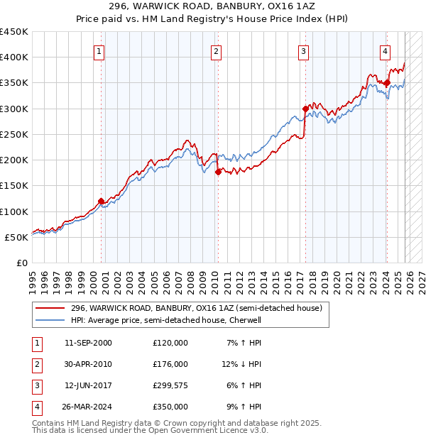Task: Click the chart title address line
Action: [213, 6]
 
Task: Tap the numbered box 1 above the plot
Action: [99, 51]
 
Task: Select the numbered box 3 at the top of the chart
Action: [303, 51]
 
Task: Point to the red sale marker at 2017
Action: [305, 109]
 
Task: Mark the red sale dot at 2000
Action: [101, 201]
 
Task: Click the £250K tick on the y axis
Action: [14, 134]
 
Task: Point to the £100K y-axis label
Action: [14, 211]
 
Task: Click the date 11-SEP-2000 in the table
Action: [88, 343]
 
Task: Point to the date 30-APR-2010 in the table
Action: [88, 364]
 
